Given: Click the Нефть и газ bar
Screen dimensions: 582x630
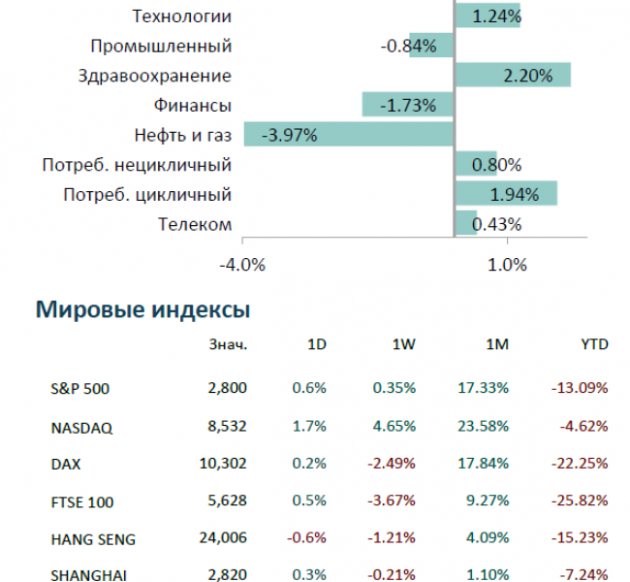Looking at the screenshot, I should pyautogui.click(x=349, y=134).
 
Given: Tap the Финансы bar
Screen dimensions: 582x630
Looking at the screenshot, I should pyautogui.click(x=408, y=105).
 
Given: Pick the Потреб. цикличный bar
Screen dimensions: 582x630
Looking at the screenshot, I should pyautogui.click(x=505, y=194).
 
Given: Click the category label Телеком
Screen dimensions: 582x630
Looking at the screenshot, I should pyautogui.click(x=195, y=225).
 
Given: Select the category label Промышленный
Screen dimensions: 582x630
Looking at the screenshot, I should pyautogui.click(x=161, y=46).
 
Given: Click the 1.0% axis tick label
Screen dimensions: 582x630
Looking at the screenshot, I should pyautogui.click(x=506, y=264).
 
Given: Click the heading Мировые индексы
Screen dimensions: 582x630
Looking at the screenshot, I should pyautogui.click(x=143, y=310).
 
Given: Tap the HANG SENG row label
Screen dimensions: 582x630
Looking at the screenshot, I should pyautogui.click(x=92, y=539).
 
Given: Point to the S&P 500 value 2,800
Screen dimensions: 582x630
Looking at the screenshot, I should pyautogui.click(x=229, y=388).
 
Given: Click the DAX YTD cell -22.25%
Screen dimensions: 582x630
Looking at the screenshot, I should pyautogui.click(x=579, y=464).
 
